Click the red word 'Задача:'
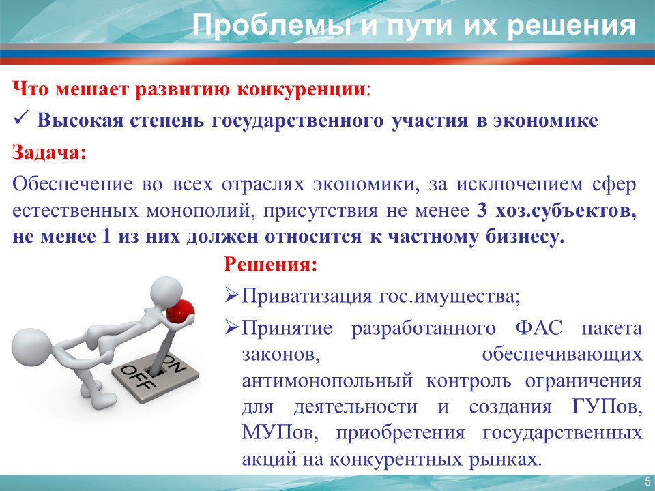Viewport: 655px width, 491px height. tap(49, 152)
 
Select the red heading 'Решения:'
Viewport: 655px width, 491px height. tap(271, 265)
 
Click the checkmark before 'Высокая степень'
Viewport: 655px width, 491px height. tap(20, 121)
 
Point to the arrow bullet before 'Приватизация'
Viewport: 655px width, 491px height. tap(231, 297)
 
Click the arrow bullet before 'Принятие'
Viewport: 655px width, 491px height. tap(231, 329)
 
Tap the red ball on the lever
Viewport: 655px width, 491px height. tap(180, 311)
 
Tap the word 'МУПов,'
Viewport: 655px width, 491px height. tap(278, 433)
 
